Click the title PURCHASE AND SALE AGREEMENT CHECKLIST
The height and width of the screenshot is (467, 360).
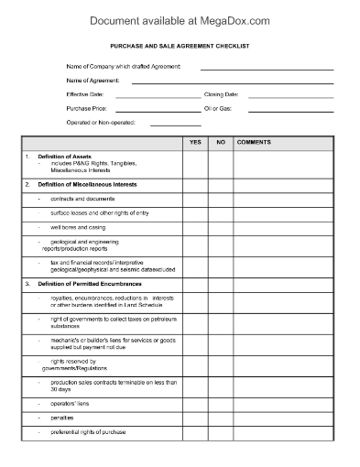point(180,45)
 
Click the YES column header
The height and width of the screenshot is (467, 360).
point(195,144)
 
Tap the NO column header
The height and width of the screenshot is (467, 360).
point(221,144)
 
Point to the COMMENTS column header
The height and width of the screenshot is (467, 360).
point(253,144)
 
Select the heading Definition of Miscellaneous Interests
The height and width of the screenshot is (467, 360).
point(87,185)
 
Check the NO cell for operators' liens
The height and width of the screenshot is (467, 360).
point(221,402)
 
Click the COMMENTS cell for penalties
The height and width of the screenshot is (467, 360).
point(289,417)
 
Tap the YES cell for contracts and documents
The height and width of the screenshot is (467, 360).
point(195,198)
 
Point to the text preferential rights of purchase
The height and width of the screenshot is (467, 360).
point(88,431)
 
